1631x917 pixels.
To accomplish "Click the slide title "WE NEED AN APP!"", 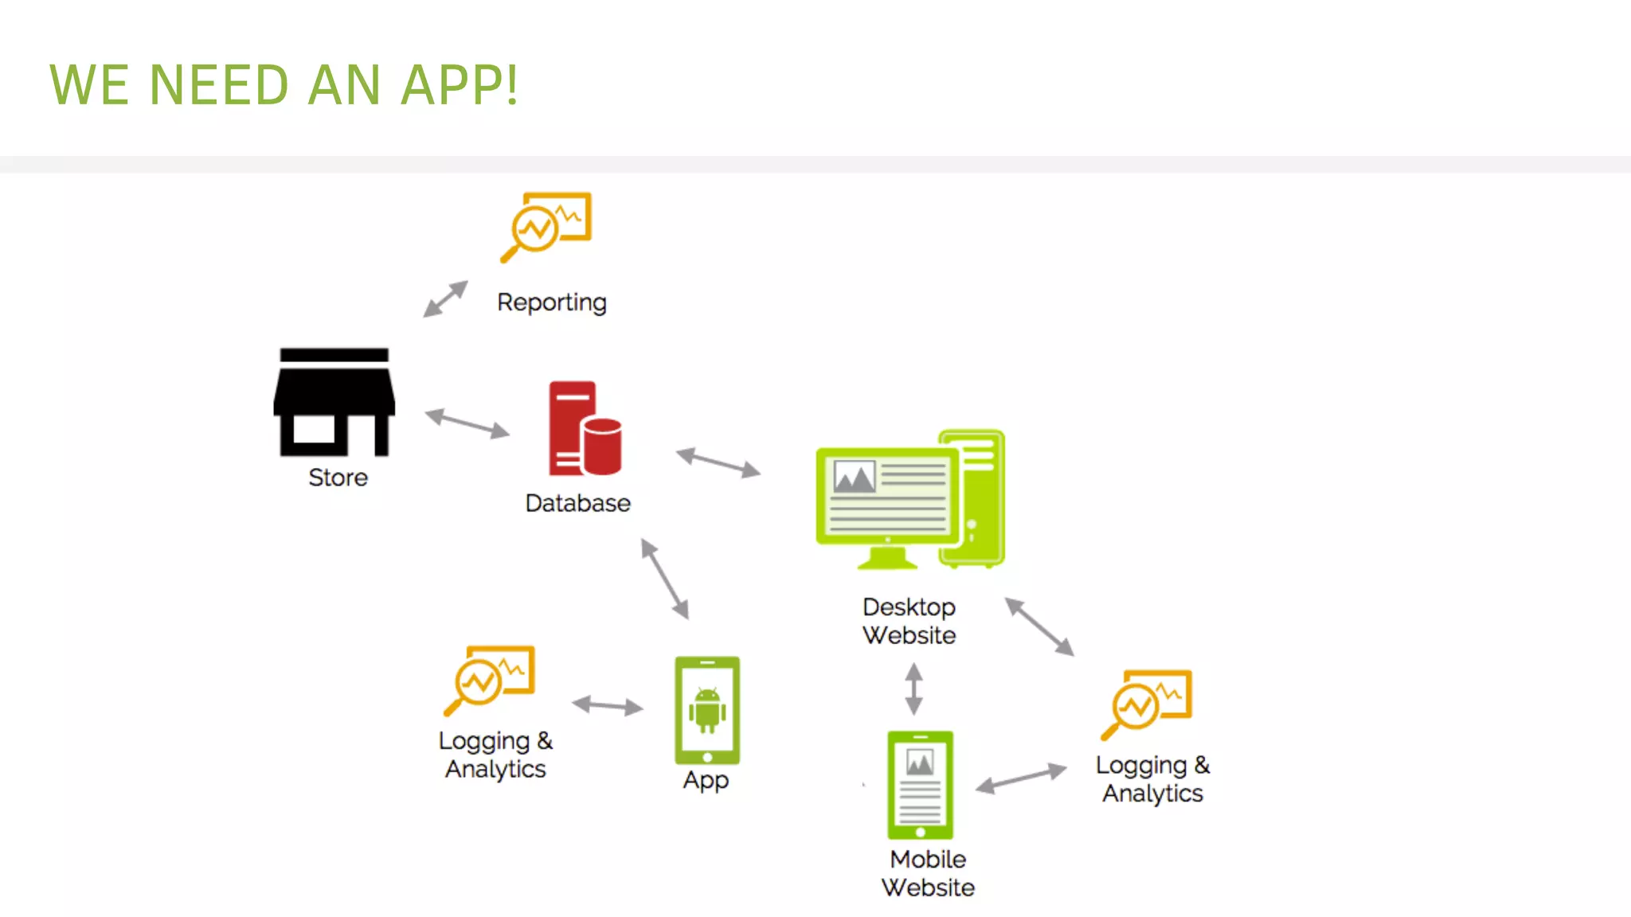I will [284, 84].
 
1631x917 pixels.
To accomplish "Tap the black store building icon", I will [334, 402].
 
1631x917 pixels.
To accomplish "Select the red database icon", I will [585, 429].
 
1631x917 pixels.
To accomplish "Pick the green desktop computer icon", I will [910, 500].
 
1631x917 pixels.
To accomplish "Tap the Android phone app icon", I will [707, 710].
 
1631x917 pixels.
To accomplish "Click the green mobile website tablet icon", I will [920, 785].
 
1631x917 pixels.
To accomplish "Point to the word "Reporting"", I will [552, 302].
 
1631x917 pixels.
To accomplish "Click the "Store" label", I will [338, 478].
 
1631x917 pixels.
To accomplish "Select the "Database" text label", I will [578, 503].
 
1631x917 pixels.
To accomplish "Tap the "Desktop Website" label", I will [909, 621].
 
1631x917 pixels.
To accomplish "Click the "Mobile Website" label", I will [928, 873].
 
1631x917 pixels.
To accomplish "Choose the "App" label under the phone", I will [706, 780].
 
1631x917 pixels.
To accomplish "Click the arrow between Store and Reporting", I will [446, 299].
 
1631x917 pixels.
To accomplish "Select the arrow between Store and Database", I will [467, 423].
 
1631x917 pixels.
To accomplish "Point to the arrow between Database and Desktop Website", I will [718, 462].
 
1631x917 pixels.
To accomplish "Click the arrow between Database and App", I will [665, 579].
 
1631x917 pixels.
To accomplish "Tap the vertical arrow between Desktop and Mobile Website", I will [913, 689].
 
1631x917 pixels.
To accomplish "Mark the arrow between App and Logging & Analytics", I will [608, 705].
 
